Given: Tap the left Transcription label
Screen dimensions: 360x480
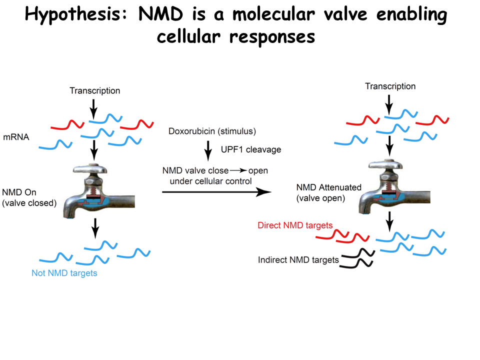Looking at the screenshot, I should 95,90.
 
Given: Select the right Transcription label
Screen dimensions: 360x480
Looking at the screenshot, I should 390,86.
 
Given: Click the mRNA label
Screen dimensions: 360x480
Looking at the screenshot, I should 15,136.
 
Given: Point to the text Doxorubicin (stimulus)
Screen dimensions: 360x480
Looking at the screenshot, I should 212,131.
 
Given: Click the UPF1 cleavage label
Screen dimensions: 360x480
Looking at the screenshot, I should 251,149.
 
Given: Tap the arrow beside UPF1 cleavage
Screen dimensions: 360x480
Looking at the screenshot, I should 208,149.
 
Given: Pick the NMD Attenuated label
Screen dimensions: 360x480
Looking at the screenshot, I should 328,187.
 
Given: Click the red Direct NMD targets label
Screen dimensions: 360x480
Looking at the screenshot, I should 295,225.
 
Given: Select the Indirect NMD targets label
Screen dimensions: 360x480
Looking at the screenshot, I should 298,260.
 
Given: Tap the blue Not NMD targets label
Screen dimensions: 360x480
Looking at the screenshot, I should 64,273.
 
